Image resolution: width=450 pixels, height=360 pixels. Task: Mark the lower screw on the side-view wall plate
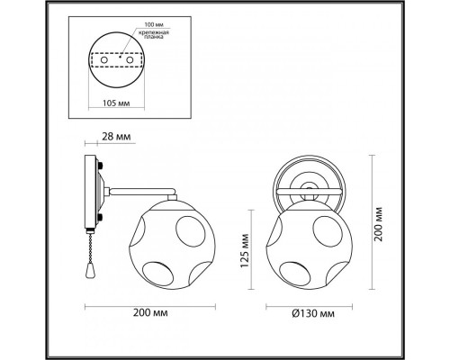103,218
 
